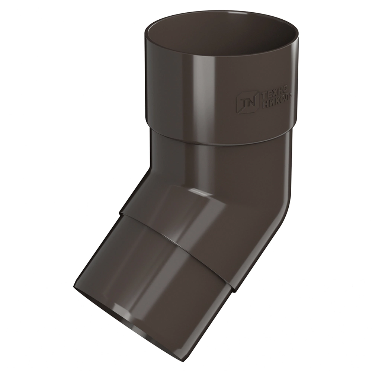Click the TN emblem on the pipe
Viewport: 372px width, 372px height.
click(247, 101)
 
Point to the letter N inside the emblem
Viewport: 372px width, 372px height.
click(251, 101)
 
